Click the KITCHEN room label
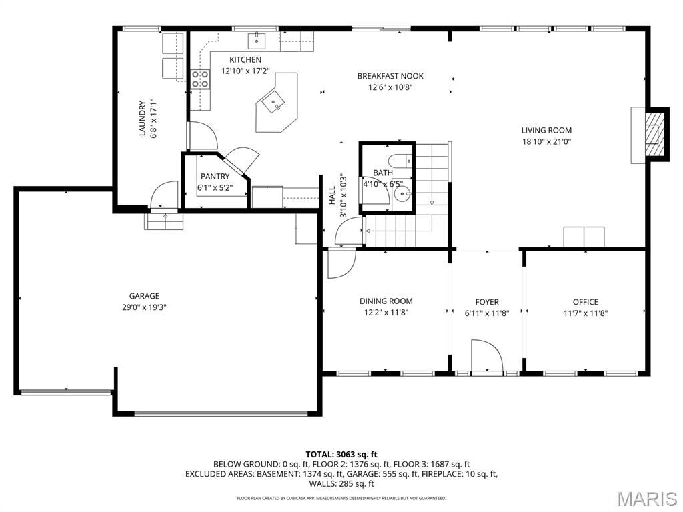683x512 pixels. coord(245,60)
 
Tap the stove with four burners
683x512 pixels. coord(200,79)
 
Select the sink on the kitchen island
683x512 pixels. coord(273,103)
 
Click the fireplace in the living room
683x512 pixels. coord(651,135)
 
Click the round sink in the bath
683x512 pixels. coord(402,195)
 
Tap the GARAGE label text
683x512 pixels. coord(144,296)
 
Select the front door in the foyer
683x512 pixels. coord(486,356)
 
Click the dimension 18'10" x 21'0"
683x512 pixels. coord(546,141)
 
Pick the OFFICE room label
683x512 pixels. coord(585,302)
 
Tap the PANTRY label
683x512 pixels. coord(215,177)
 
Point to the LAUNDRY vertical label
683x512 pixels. coord(142,119)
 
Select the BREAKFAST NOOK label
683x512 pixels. coord(390,76)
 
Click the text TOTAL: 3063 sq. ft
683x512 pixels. coord(341,454)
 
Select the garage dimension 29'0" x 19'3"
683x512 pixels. coord(144,307)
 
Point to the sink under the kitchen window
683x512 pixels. coord(257,41)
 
